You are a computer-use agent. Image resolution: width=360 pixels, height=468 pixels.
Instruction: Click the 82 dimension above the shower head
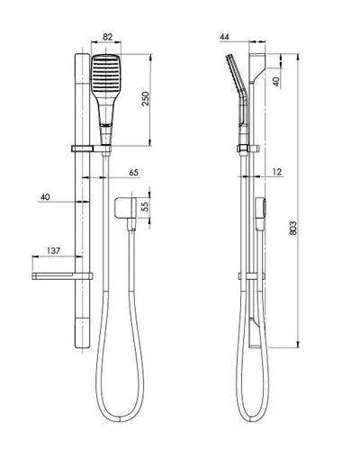(x=107, y=37)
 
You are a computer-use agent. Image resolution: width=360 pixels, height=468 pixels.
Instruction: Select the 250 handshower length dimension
(x=146, y=98)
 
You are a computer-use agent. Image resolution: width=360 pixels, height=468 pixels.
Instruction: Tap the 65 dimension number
(x=134, y=173)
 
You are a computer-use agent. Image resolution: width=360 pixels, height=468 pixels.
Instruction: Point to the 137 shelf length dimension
(x=53, y=250)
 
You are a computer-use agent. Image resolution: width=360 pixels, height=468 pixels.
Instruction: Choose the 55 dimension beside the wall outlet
(x=145, y=206)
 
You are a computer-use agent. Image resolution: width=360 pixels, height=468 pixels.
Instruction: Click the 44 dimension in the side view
(x=224, y=37)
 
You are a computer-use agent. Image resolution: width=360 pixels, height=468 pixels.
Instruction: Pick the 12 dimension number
(x=277, y=172)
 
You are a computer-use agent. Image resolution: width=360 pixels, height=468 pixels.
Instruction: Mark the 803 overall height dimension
(x=293, y=228)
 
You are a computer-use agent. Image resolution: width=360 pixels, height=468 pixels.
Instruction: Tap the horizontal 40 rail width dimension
(x=45, y=197)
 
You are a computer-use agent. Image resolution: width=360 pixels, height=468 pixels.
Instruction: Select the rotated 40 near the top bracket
(x=276, y=82)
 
